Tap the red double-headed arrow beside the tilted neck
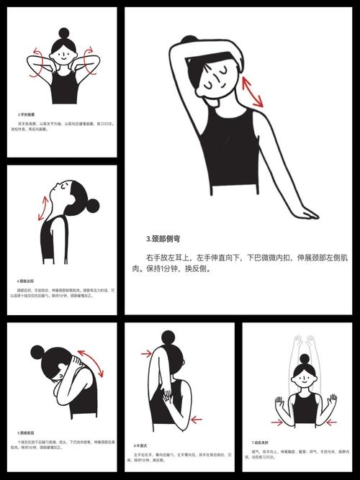pos(252,93)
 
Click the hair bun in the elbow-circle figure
pos(64,33)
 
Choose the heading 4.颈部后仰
pos(28,281)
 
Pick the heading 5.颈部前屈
pos(28,433)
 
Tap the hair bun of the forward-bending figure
pos(38,353)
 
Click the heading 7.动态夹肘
pos(262,441)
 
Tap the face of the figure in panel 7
pos(304,376)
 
